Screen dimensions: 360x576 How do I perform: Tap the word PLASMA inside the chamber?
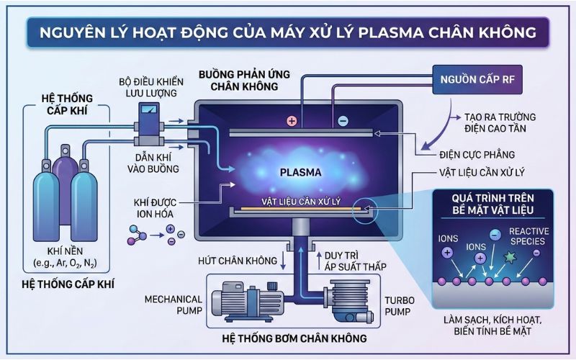(x=302, y=173)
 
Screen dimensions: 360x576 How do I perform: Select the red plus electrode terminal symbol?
(x=292, y=121)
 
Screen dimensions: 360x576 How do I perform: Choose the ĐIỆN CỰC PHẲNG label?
(x=476, y=153)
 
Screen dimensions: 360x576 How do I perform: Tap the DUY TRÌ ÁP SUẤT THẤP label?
(x=356, y=260)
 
